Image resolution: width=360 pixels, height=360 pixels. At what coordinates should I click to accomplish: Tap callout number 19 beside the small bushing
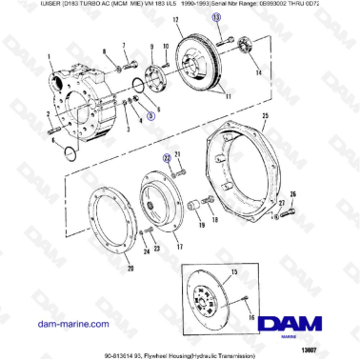[x=200, y=227]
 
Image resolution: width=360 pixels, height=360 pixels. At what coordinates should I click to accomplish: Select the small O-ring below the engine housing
[x=64, y=150]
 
